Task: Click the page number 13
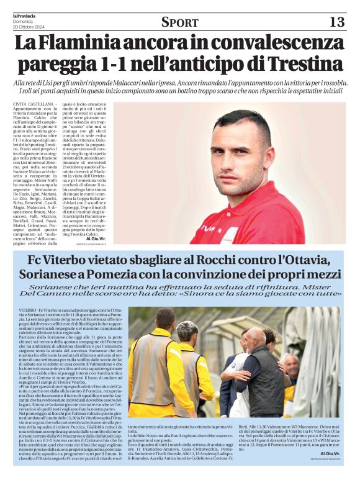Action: [336, 22]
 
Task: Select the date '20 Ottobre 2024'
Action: [29, 27]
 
